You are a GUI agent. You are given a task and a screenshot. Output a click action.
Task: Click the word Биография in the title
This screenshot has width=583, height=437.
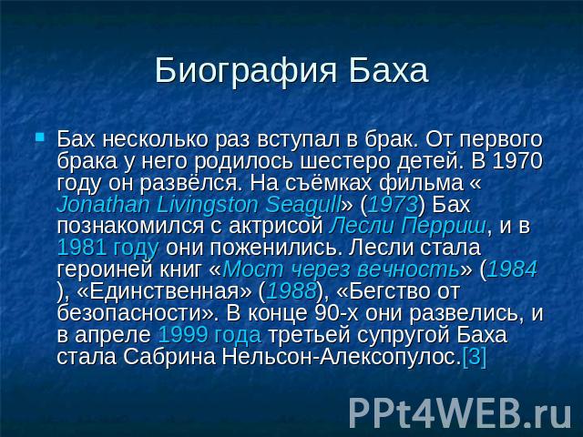tap(246, 71)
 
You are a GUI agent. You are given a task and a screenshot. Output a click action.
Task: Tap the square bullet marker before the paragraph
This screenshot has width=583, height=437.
tap(40, 137)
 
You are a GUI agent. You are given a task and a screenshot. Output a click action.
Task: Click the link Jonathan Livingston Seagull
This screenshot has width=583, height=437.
tap(199, 205)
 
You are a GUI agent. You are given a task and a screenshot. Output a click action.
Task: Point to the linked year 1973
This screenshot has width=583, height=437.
tap(393, 205)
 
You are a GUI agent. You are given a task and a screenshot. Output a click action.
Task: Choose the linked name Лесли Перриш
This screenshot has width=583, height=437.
tap(407, 227)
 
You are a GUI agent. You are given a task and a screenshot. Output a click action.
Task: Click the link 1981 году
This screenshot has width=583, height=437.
tap(108, 249)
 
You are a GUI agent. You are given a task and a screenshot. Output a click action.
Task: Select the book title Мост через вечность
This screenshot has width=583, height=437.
tap(341, 269)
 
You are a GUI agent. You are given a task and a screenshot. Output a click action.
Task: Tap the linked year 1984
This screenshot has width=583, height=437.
tap(512, 269)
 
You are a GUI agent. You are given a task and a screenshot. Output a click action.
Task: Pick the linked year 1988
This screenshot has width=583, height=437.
tap(291, 291)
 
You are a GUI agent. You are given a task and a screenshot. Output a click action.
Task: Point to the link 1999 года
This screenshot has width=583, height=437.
tap(210, 335)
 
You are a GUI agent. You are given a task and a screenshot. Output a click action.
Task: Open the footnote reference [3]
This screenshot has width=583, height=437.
tap(474, 356)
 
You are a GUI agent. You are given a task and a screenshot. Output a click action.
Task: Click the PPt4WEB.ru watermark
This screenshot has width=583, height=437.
tap(460, 412)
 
